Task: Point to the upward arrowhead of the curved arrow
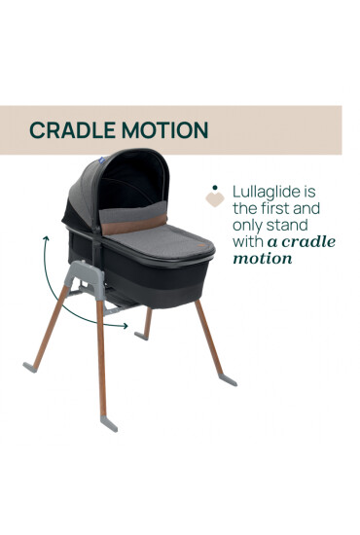[x=42, y=237]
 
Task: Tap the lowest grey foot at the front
[x=109, y=421]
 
